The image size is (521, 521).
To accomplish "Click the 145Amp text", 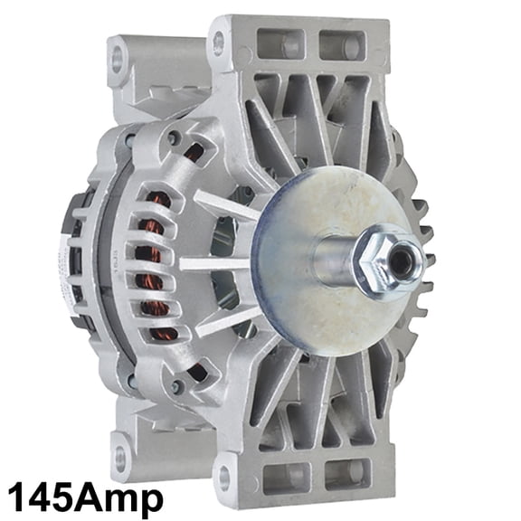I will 86,497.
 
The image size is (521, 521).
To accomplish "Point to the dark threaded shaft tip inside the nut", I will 398,260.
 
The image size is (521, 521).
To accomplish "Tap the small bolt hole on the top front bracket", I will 218,40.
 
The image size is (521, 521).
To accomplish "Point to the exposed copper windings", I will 162,271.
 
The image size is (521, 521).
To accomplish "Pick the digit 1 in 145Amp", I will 17,497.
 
